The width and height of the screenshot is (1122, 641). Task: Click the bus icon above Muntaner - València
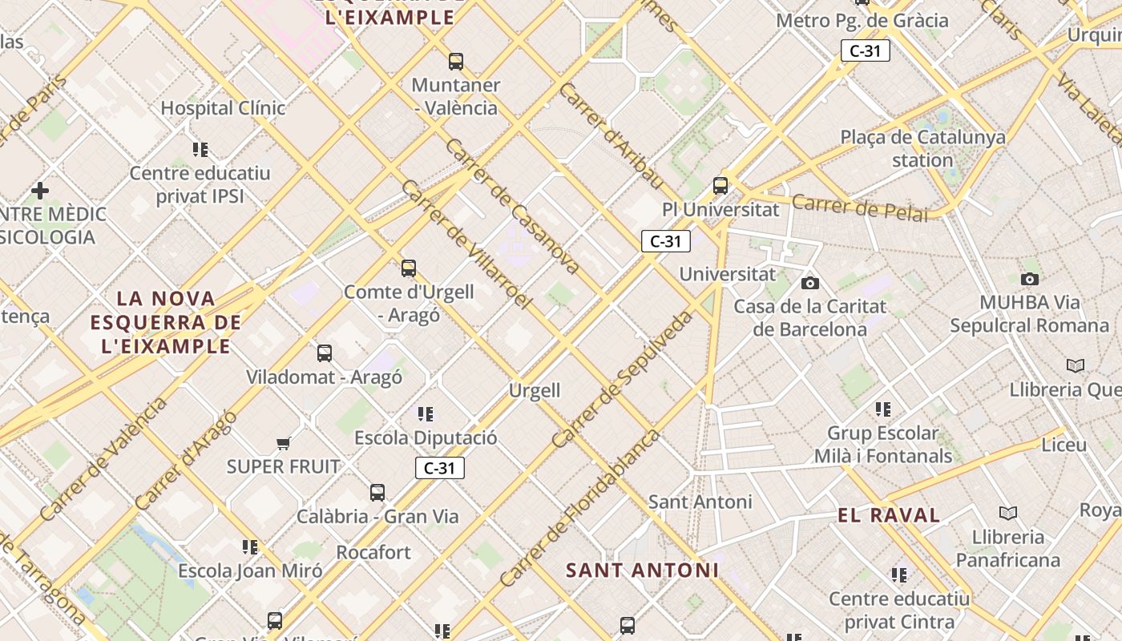[456, 61]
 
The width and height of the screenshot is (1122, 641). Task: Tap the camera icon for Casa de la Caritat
[810, 283]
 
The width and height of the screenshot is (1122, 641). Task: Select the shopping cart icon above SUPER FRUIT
[283, 442]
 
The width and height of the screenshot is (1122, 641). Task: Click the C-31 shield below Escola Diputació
[440, 468]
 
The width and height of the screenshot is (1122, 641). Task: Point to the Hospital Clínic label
[223, 107]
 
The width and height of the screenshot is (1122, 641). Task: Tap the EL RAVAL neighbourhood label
[889, 515]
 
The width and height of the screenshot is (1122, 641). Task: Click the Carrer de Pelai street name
[859, 207]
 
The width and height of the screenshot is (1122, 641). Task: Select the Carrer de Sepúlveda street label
[622, 379]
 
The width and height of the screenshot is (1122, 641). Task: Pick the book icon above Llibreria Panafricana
[1008, 513]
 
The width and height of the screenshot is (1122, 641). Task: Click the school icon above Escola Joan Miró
[250, 547]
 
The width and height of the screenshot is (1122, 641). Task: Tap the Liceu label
[1064, 444]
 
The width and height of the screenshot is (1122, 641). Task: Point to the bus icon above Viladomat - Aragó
[325, 353]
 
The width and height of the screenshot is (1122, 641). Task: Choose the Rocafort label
[373, 552]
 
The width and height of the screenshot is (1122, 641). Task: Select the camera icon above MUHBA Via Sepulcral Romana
[1030, 279]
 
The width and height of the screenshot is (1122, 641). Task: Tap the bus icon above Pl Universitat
[720, 186]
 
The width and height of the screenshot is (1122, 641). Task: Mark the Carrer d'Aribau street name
[611, 135]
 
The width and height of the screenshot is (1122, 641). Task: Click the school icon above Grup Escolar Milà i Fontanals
[883, 409]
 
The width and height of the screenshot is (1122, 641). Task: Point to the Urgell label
[535, 390]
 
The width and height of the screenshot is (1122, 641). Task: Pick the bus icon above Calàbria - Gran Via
[377, 492]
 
